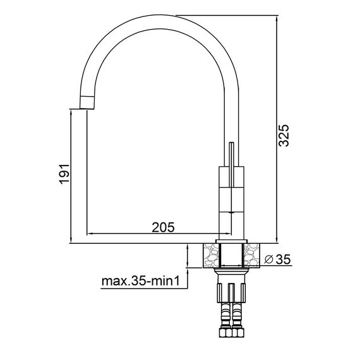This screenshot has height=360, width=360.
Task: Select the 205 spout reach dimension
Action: tap(163, 227)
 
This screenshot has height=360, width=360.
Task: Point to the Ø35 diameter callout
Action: tap(277, 260)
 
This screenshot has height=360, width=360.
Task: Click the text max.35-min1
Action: tap(140, 281)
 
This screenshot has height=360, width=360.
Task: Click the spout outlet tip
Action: tap(87, 102)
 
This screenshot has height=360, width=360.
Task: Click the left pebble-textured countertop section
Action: tap(210, 256)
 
